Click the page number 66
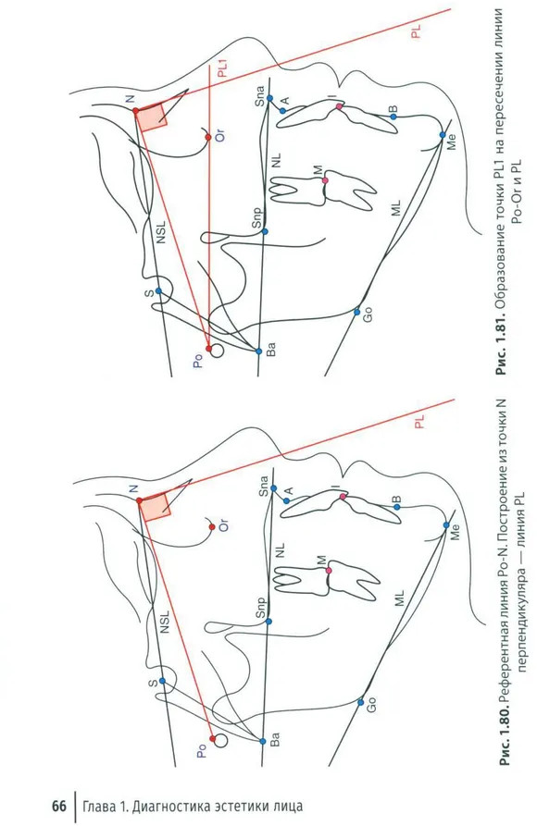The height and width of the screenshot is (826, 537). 59,806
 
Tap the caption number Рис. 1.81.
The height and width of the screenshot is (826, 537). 501,345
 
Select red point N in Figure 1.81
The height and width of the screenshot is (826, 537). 135,111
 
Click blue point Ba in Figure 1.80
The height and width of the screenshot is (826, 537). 263,741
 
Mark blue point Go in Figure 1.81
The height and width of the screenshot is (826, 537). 356,312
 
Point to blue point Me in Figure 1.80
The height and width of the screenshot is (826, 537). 446,525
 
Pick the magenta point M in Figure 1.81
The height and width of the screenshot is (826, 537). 325,180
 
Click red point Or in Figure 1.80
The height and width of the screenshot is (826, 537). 212,527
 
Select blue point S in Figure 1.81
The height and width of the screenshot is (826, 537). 158,291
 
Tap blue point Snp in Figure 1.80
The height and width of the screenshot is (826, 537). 268,622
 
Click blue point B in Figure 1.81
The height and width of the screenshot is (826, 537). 393,117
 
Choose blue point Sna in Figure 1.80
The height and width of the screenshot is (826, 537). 273,488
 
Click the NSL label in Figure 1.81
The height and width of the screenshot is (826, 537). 161,232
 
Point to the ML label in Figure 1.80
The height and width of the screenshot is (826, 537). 399,598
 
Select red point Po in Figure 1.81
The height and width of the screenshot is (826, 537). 209,349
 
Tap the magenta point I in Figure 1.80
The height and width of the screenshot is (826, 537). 343,496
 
